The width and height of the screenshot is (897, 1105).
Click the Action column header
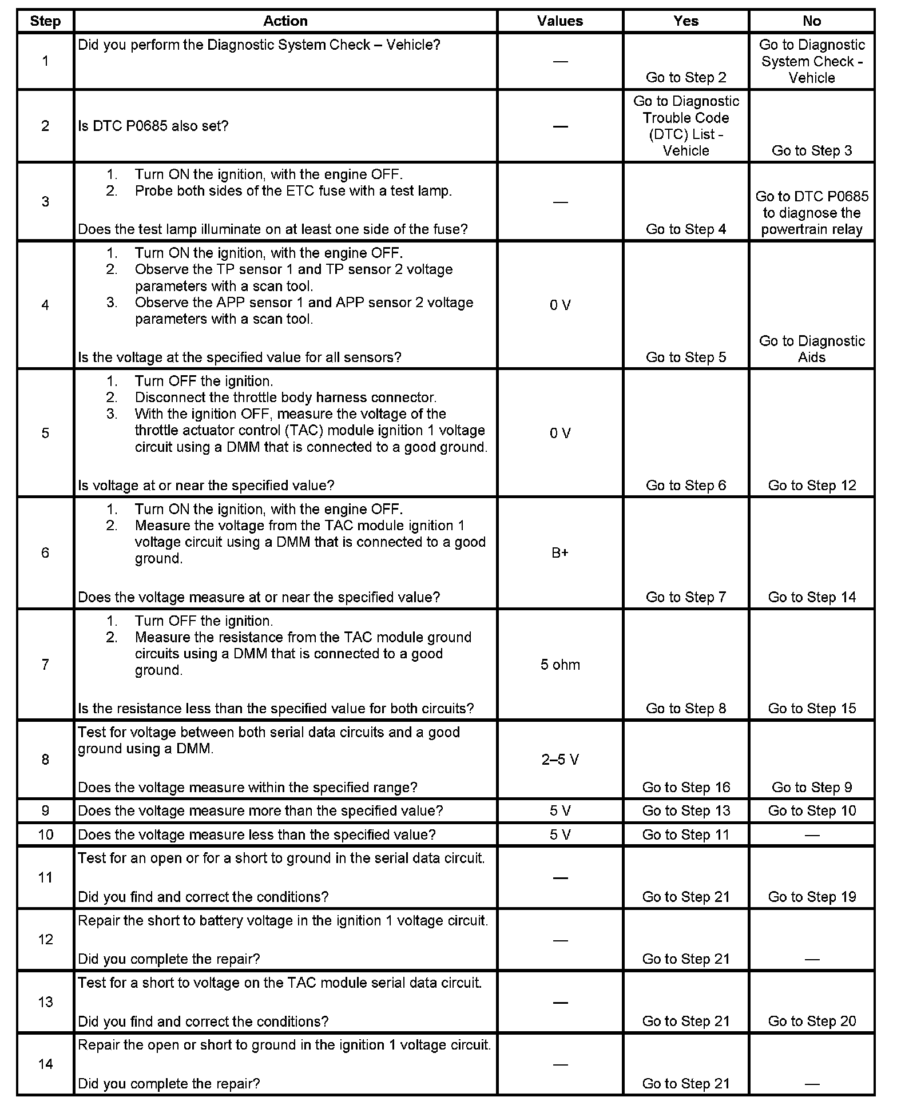coord(285,21)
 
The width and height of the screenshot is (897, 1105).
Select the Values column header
coord(559,21)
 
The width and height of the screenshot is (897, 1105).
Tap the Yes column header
coord(685,21)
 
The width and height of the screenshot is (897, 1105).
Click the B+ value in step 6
coord(559,553)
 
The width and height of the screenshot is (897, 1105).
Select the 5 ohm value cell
coord(559,665)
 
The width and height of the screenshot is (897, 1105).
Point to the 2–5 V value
coord(559,760)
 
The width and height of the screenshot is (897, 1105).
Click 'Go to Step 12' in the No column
coord(811,486)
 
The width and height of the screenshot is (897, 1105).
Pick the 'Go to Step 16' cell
coord(685,788)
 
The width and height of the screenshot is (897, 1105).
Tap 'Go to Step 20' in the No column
coord(811,1021)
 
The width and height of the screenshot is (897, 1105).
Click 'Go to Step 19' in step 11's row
coord(811,897)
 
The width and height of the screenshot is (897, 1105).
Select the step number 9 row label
coord(45,811)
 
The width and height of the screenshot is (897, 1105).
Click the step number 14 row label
coord(45,1064)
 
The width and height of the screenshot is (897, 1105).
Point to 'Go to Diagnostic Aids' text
coord(811,349)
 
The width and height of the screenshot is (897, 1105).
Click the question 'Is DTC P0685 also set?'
coord(153,126)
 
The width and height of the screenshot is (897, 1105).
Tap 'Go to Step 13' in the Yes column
coord(685,811)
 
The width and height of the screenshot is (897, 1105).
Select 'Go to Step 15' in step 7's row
coord(811,709)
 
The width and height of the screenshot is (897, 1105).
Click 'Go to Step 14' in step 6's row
coord(811,597)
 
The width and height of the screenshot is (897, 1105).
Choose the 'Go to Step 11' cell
coord(685,835)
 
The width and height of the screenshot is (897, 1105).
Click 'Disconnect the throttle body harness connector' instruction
coord(285,398)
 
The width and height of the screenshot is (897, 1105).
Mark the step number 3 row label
coord(45,201)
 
